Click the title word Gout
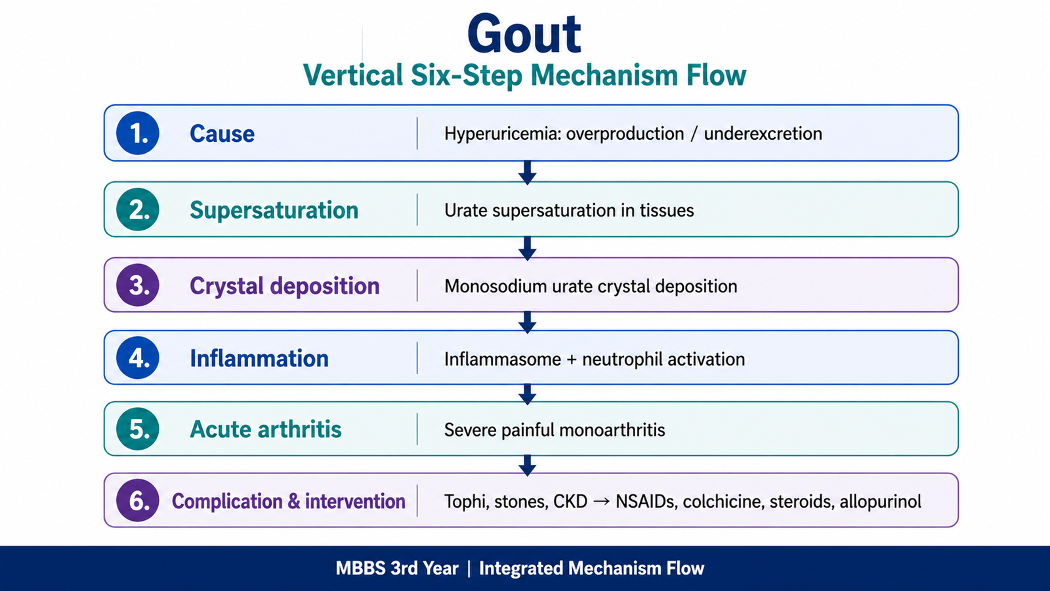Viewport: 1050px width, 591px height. coord(524,35)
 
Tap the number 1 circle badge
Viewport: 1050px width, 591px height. coord(138,133)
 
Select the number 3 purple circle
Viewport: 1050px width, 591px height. coord(138,285)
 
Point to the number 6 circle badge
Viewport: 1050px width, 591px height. coord(138,500)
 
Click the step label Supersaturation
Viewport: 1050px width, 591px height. coord(274,210)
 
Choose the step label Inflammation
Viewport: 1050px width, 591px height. coord(259,359)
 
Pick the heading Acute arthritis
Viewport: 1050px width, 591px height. coord(266,429)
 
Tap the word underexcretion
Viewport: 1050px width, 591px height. coord(763,134)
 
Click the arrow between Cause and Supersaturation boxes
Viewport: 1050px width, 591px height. coord(528,173)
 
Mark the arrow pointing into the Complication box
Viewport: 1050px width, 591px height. coord(528,466)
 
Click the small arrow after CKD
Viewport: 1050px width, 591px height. coord(601,502)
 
